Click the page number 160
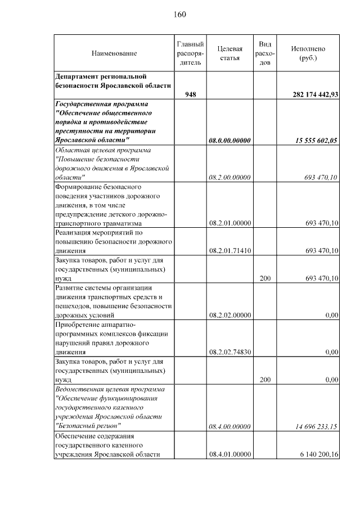[x=180, y=14]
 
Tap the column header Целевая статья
[x=229, y=53]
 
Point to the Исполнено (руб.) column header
[x=308, y=53]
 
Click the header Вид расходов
[x=265, y=53]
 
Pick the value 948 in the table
[x=191, y=94]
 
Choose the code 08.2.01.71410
[x=229, y=250]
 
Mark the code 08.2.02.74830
[x=229, y=352]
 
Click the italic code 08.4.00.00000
[x=229, y=426]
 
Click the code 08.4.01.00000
[x=229, y=454]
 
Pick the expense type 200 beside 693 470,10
[x=265, y=278]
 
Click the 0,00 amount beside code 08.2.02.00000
[x=331, y=316]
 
